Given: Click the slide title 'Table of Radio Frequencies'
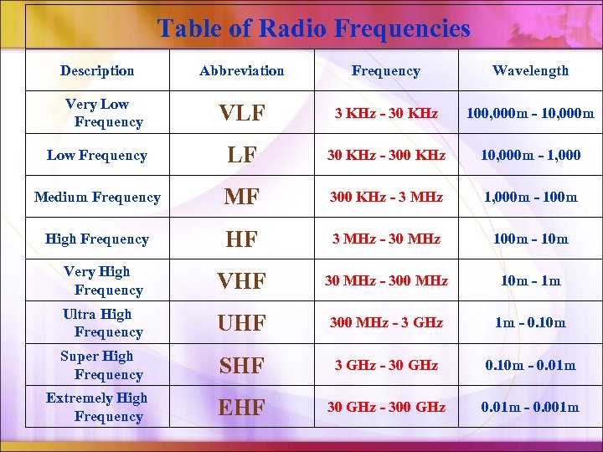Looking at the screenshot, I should coord(314,28).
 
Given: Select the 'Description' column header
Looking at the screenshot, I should coord(97,71).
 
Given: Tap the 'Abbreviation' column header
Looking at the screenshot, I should coord(241,71).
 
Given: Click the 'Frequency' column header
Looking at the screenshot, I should coord(385,71).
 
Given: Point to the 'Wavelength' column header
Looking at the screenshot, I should coord(530,71).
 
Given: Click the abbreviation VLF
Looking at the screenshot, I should coord(241,114).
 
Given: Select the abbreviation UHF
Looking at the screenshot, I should coord(241,324).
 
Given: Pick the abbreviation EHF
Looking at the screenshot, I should coord(241,408).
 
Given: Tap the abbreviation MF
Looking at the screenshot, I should coord(241,198).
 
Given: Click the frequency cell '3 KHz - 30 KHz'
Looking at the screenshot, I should coord(385,113).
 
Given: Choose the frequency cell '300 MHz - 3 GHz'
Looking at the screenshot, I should coord(385,323).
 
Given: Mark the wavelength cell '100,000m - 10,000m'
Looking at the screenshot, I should coord(530,113).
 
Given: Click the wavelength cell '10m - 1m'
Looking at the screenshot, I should coord(530,281).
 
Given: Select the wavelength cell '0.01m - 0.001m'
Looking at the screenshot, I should coord(530,408).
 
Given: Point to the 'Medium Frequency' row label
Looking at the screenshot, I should coord(97,198).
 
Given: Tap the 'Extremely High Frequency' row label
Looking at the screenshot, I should coord(97,407).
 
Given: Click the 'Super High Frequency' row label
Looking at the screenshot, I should coord(97,365).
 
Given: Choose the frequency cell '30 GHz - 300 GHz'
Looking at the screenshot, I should coord(385,408).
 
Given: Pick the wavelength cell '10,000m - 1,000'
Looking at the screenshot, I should coord(530,155).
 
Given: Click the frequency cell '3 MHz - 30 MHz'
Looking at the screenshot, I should coord(385,239).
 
